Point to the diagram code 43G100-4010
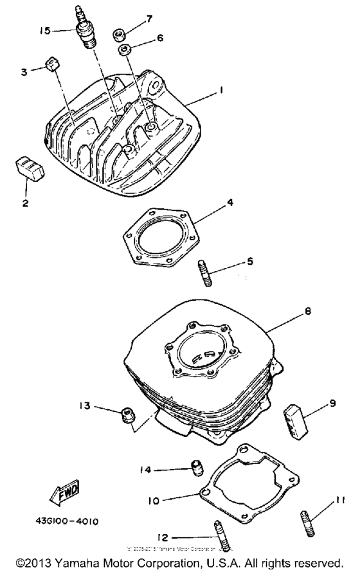pos(62,522)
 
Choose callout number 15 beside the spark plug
pos(44,30)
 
